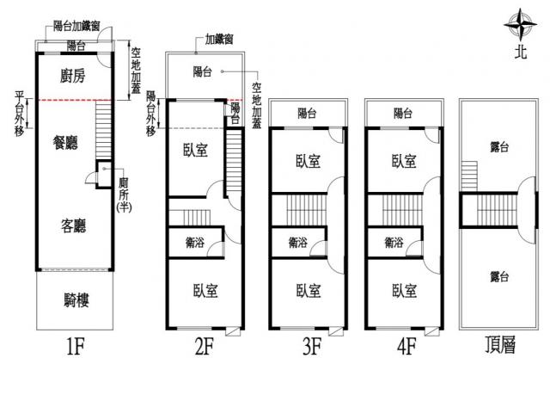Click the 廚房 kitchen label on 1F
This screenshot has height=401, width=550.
(x=75, y=77)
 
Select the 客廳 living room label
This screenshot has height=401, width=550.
(x=73, y=225)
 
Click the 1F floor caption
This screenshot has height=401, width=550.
(x=75, y=349)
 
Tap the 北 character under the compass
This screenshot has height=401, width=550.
(x=520, y=51)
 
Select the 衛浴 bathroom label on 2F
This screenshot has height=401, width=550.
(x=193, y=242)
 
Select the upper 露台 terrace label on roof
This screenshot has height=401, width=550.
(x=498, y=148)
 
